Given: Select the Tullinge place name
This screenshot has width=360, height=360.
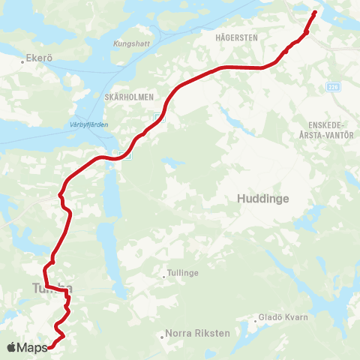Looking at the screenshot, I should pos(184,273).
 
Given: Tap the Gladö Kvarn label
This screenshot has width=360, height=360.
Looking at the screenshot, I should pos(283,317).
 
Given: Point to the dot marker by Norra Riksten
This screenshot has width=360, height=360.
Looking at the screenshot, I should pos(163,337).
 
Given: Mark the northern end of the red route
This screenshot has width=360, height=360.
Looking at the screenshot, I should pos(314,12).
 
